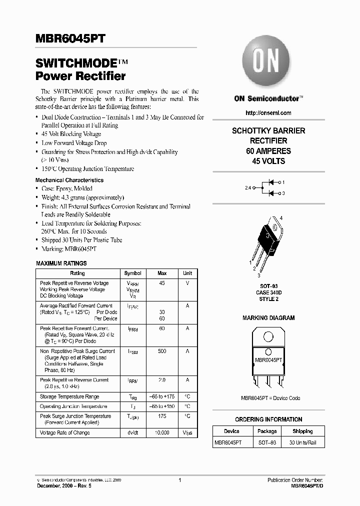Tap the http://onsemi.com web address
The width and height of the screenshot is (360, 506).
pos(268,113)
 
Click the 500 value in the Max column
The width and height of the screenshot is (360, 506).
pos(162,351)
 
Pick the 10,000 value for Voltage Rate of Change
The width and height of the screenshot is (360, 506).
pos(162,432)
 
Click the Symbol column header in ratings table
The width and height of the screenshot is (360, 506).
pos(132,273)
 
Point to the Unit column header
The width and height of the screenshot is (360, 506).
pos(187,273)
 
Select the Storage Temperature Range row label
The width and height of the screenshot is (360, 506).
pos(69,397)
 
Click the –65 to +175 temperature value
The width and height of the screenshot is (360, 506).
pos(162,397)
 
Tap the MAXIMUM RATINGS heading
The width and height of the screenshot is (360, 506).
pos(61,263)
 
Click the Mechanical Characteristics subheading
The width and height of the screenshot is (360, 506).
pos(69,180)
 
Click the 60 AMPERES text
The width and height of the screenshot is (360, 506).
pos(268,151)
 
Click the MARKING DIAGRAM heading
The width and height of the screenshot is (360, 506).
pos(268,318)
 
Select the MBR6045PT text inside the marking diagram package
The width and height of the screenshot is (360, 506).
pos(268,360)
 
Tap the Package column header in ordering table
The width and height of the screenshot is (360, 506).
pos(267,431)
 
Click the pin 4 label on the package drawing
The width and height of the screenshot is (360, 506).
pos(281,218)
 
